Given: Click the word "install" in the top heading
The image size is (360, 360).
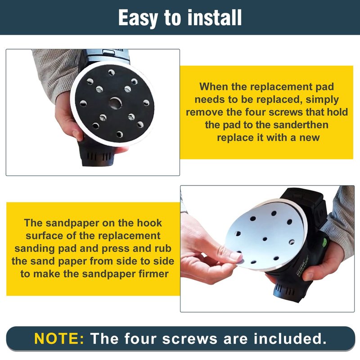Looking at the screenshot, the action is (x=215, y=18).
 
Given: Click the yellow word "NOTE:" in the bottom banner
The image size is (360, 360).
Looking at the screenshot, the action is (x=59, y=338).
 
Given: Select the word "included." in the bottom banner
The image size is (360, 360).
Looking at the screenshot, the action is (x=290, y=338).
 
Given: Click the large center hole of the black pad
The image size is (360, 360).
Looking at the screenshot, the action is (x=115, y=103).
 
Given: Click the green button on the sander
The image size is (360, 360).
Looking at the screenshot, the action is (x=325, y=242).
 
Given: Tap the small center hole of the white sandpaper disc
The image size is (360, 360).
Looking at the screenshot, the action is (x=265, y=239).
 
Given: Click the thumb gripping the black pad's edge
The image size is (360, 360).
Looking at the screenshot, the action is (x=77, y=134).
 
